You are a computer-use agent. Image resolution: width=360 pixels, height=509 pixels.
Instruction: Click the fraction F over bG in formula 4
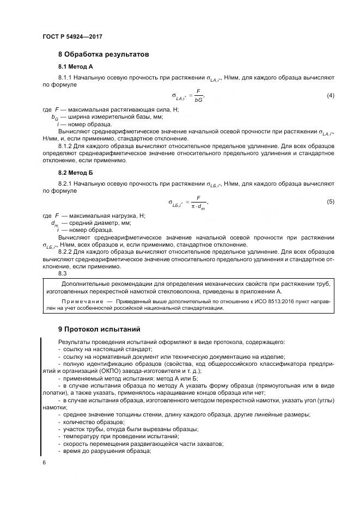[x=198, y=96]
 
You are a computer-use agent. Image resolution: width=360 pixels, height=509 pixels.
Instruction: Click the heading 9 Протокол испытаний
[x=99, y=329]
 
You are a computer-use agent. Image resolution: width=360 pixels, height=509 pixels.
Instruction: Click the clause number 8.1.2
[x=66, y=146]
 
